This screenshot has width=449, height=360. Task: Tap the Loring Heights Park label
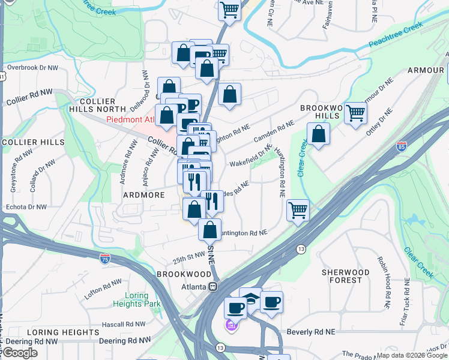pyautogui.click(x=137, y=299)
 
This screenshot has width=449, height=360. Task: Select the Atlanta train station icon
pyautogui.click(x=213, y=287)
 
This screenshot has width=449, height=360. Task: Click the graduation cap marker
pyautogui.click(x=250, y=299)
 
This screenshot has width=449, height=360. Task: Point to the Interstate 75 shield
pyautogui.click(x=105, y=259)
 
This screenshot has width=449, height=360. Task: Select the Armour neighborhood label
pyautogui.click(x=425, y=70)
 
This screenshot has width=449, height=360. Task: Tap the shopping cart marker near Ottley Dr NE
pyautogui.click(x=356, y=112)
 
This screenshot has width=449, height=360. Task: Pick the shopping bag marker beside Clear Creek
pyautogui.click(x=318, y=134)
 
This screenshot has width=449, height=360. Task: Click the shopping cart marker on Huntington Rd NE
pyautogui.click(x=298, y=211)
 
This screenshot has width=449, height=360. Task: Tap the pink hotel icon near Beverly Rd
pyautogui.click(x=231, y=326)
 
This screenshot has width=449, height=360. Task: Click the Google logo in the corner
pyautogui.click(x=20, y=353)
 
